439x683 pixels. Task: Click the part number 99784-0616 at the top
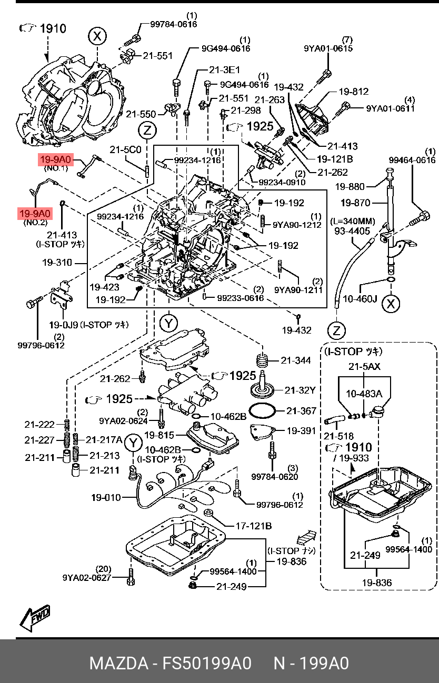(x=174, y=24)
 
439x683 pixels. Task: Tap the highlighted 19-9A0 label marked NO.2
(x=35, y=214)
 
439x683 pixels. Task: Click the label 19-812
(x=353, y=92)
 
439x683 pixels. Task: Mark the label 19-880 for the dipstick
(x=350, y=186)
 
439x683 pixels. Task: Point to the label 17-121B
(x=253, y=526)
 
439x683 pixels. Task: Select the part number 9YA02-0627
(x=87, y=577)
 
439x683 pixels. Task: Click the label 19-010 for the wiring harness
(x=105, y=497)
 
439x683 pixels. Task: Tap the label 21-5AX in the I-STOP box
(x=364, y=366)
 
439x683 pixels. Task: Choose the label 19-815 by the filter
(x=158, y=435)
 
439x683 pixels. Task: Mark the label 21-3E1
(x=224, y=70)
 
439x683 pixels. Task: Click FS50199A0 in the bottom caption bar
(x=207, y=663)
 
